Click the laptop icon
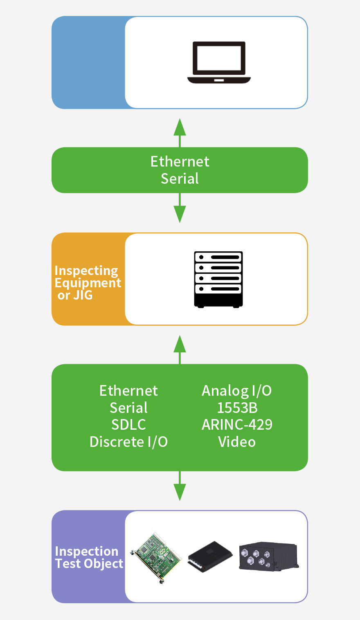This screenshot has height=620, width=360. point(219,63)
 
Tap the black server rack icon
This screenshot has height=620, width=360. point(218,280)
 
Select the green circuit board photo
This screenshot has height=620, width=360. point(156,557)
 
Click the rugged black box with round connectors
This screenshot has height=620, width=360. point(268,557)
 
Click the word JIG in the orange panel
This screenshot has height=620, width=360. point(83,295)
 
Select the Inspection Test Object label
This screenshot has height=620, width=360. point(89,557)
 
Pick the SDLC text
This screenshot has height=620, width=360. point(128,425)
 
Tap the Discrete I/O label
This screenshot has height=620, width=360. point(128,442)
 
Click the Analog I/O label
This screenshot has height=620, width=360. point(236,391)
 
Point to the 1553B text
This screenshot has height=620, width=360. point(237,408)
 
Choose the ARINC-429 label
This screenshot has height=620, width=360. point(237,425)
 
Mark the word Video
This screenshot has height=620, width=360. point(237,442)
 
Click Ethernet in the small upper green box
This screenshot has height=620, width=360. point(180,162)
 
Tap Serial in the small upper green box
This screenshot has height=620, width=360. point(180,179)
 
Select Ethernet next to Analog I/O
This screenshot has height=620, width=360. point(128,391)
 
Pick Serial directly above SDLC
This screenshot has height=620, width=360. point(128,408)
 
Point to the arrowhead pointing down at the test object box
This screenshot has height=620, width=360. point(180,492)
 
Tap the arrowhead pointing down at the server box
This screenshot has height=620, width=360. point(180,214)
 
